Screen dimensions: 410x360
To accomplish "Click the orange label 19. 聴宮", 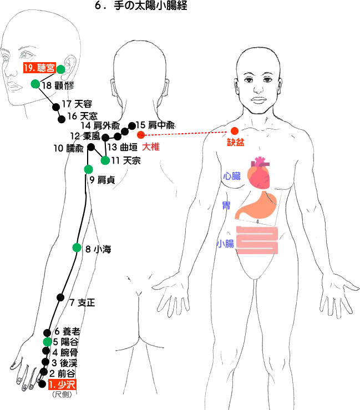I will coord(39,69).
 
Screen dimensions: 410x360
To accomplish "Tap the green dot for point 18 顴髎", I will coord(35,84).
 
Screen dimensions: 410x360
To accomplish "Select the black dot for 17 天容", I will coord(55,108).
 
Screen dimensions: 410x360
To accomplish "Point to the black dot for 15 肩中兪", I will coord(132,126).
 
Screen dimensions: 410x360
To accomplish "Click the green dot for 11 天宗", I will coord(105,160).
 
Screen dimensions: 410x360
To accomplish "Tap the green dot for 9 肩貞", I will coord(88,169).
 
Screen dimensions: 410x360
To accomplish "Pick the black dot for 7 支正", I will coord(61,297).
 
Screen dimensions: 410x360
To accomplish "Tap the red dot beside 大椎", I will coord(141,135).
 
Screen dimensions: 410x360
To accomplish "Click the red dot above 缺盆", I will coord(234,131).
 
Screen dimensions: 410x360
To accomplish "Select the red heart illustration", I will coord(260,172).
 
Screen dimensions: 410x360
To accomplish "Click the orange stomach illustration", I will coord(257,207).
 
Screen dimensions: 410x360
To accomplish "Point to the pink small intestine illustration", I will coord(257,240).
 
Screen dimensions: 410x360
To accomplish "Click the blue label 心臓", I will coord(232,175).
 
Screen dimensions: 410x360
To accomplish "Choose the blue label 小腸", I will coord(226,243).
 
